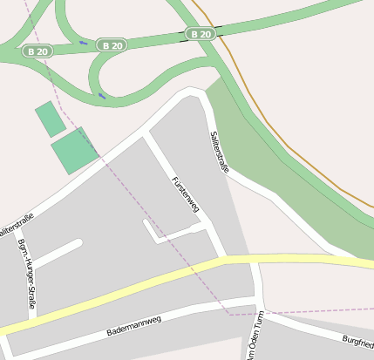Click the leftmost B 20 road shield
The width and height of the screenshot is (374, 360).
click(38, 51)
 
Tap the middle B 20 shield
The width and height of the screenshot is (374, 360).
click(112, 44)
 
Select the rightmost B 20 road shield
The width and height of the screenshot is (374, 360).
click(200, 34)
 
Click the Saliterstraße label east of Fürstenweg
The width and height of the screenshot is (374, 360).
click(220, 152)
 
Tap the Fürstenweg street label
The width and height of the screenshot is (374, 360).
click(187, 194)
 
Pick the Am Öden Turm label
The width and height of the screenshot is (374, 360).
click(253, 340)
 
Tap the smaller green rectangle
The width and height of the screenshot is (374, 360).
click(50, 119)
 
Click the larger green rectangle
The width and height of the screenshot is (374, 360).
click(75, 151)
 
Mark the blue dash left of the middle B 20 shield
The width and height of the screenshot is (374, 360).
click(83, 42)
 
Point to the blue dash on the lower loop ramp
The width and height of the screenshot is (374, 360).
click(102, 95)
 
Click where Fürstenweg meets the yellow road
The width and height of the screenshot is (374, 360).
click(223, 259)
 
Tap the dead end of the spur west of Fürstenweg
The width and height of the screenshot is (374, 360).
click(146, 222)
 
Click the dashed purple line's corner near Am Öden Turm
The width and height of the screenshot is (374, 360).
click(228, 312)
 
